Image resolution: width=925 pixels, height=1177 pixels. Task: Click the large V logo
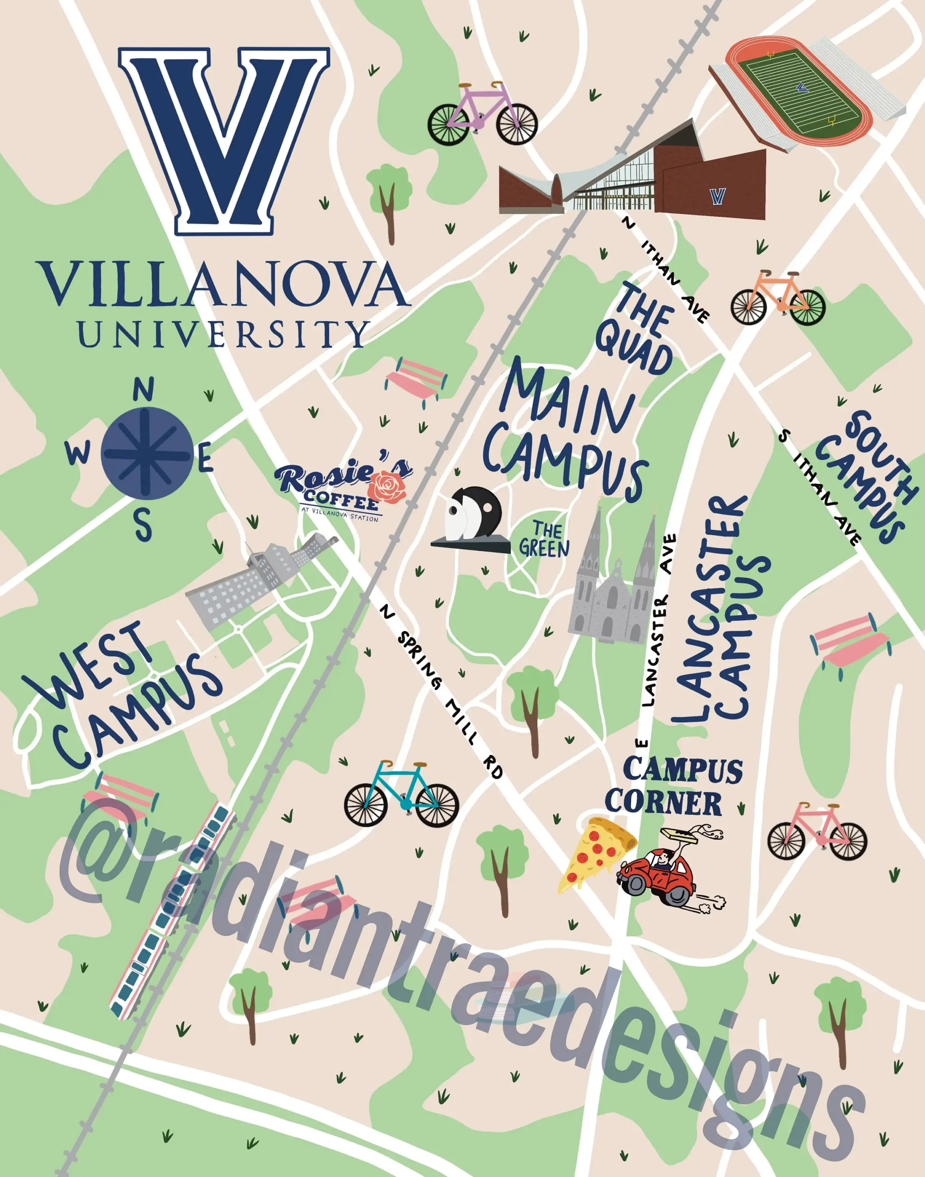(x=224, y=140)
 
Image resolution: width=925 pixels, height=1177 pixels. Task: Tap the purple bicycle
(x=482, y=114)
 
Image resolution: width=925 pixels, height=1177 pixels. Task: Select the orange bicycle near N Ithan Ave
(x=778, y=298)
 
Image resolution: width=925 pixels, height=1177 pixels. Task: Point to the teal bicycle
(x=401, y=794)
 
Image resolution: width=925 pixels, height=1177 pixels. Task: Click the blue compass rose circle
(x=147, y=453)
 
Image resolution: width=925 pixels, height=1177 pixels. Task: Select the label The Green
(x=544, y=539)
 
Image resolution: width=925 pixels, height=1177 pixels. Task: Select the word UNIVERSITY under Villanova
(x=223, y=333)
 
